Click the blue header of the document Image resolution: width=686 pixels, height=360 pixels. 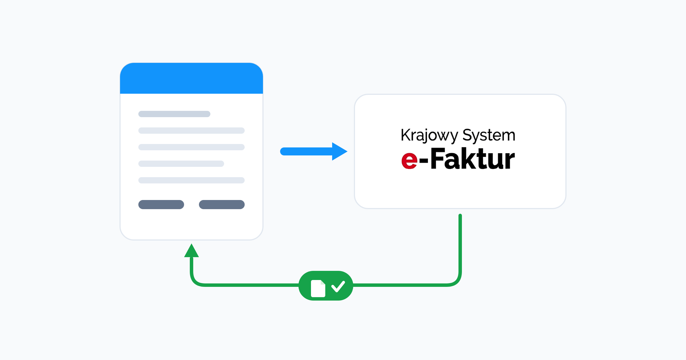192,78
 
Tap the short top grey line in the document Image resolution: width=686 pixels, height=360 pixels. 174,114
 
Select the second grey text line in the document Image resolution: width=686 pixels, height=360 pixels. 192,131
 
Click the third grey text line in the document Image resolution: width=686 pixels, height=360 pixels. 192,147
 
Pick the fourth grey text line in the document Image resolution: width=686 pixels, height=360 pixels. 181,164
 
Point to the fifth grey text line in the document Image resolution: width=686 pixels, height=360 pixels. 192,180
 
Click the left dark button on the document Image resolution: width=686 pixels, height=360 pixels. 161,205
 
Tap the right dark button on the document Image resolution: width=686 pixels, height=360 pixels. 222,205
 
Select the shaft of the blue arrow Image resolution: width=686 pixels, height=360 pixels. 306,151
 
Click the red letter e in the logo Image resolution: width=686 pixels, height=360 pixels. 409,160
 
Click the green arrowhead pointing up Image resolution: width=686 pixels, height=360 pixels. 192,251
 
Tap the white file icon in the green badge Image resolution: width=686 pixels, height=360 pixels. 318,289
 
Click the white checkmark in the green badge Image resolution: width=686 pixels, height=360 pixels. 338,287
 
